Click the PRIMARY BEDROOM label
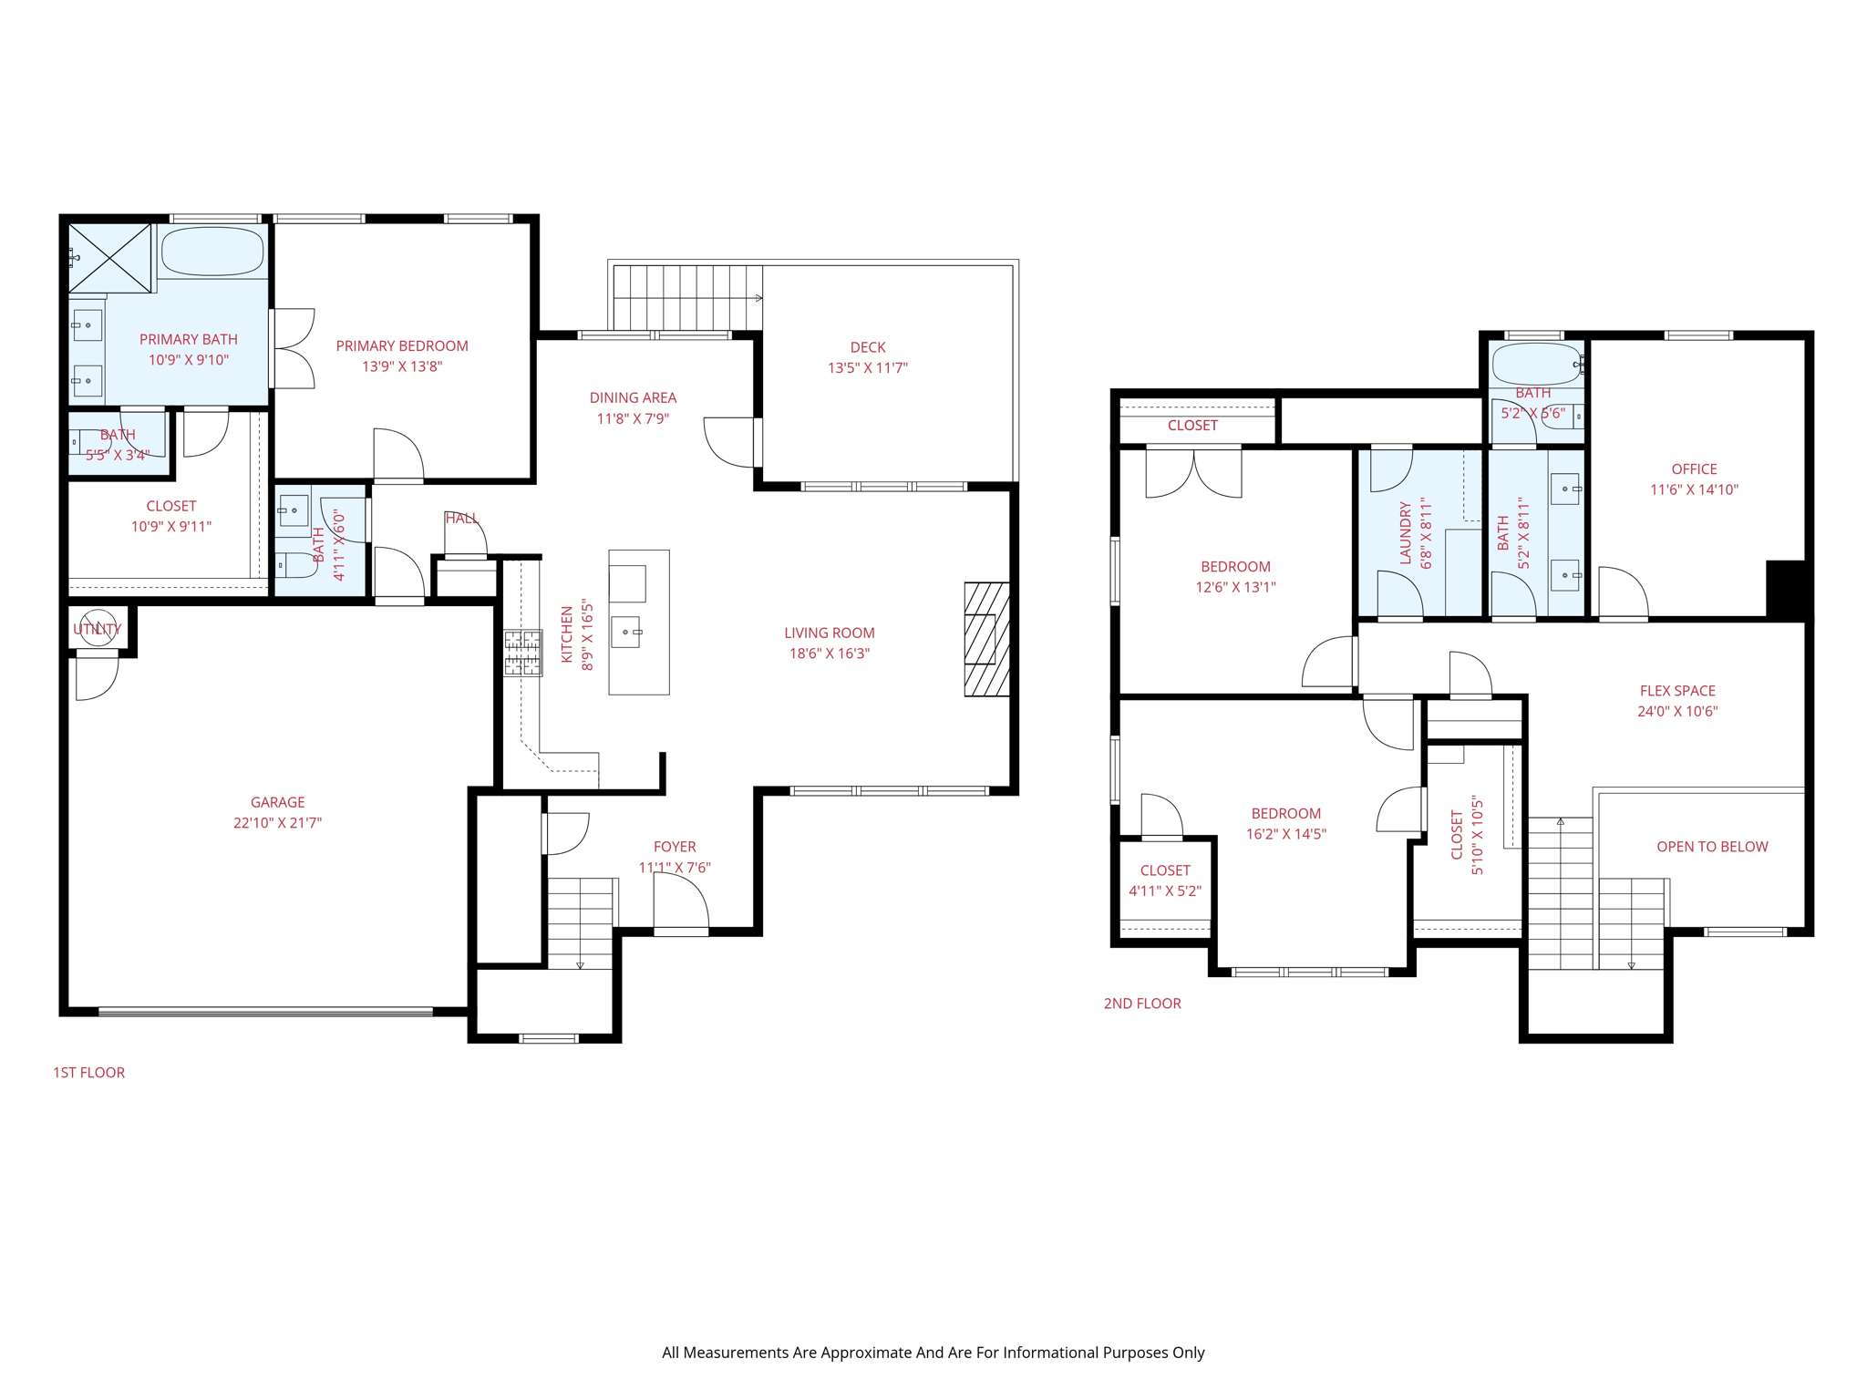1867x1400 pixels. click(402, 346)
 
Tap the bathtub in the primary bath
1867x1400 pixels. click(212, 252)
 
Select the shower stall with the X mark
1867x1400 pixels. click(110, 258)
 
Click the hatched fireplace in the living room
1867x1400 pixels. click(986, 640)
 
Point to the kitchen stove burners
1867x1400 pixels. click(523, 654)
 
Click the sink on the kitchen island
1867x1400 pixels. click(626, 632)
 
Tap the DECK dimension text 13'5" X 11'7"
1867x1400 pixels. click(867, 368)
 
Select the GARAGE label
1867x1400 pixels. click(277, 802)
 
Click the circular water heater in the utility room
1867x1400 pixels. click(98, 627)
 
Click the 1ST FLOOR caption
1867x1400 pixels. click(88, 1073)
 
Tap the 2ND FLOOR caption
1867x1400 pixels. click(1141, 1004)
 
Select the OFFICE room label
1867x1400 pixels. click(1693, 469)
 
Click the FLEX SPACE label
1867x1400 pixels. click(1676, 691)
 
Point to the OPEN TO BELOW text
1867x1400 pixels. click(1711, 847)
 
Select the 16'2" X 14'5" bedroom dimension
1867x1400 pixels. click(1285, 834)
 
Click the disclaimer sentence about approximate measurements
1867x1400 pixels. click(933, 1353)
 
